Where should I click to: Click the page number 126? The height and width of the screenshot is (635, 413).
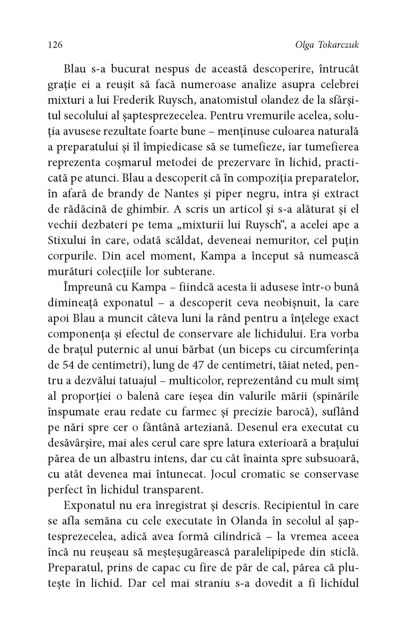55,45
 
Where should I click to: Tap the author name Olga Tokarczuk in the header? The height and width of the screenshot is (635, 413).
327,45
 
